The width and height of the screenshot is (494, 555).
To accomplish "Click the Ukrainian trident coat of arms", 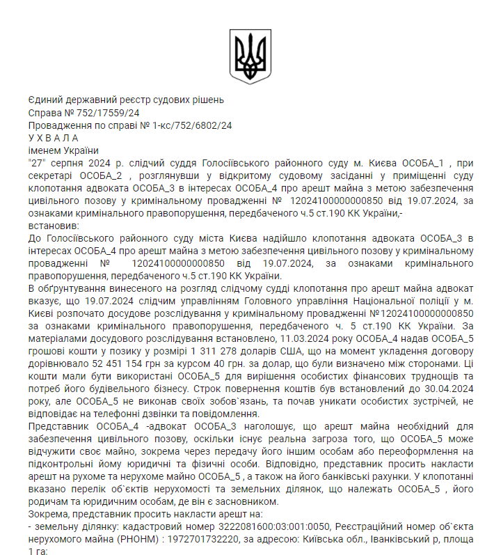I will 247,56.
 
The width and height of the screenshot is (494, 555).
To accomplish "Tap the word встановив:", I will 54,226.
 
